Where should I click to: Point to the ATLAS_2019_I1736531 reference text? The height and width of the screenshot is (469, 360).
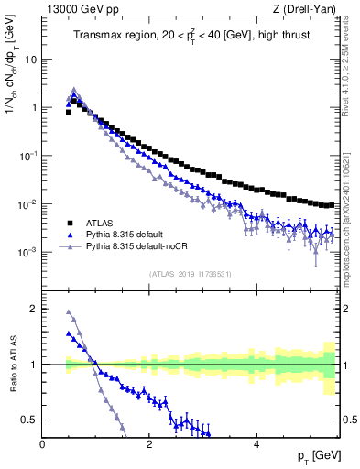[x=191, y=274]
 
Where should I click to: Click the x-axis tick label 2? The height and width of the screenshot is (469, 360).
[x=148, y=444]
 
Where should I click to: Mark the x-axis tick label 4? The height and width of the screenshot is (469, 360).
[x=256, y=444]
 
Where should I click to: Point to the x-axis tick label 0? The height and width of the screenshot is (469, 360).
[x=42, y=444]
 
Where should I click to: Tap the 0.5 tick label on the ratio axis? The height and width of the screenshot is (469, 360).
[x=29, y=420]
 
